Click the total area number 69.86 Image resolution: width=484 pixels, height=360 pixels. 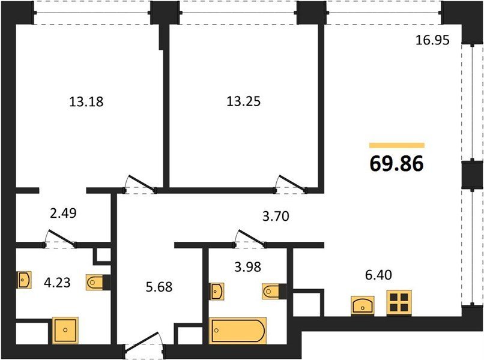click(x=396, y=163)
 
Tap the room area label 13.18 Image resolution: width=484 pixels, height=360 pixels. click(x=86, y=101)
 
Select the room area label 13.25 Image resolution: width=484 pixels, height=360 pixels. click(x=244, y=101)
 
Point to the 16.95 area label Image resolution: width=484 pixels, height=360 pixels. click(x=432, y=40)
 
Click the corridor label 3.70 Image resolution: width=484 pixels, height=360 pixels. click(x=276, y=216)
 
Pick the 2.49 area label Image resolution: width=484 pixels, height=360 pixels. click(x=63, y=213)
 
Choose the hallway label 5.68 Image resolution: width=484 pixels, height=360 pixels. click(x=159, y=287)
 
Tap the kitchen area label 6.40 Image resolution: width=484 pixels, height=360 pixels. click(x=378, y=275)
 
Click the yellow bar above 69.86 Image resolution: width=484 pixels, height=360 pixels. click(x=397, y=146)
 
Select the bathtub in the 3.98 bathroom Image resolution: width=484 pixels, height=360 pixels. click(x=237, y=331)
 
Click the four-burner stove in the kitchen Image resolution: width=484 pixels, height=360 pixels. click(x=399, y=302)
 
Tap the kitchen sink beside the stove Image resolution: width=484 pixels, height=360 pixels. click(x=362, y=305)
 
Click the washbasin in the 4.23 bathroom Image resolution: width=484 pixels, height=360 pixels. click(x=24, y=280)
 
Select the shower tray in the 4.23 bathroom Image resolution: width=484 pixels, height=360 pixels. click(x=65, y=330)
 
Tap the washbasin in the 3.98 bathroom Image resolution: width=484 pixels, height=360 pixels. click(x=217, y=291)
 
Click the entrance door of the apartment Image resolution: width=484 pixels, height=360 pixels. click(x=145, y=343)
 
